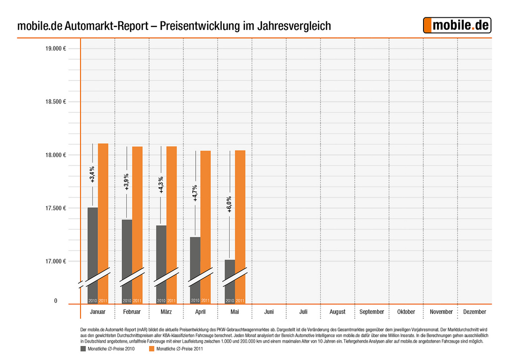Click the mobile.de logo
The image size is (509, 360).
[x=457, y=25]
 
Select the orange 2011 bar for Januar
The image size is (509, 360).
[x=103, y=219]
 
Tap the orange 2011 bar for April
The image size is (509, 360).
[x=205, y=224]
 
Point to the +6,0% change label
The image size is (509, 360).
[x=229, y=204]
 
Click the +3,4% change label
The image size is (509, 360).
[x=92, y=175]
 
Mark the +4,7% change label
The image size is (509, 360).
[x=195, y=193]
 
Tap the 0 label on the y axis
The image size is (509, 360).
[x=56, y=301]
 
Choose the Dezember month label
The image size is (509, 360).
[x=474, y=312]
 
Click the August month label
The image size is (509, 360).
[x=337, y=312]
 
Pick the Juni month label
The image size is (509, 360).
[x=269, y=312]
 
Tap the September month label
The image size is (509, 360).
[x=371, y=312]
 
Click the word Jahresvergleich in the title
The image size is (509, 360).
[x=293, y=25]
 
